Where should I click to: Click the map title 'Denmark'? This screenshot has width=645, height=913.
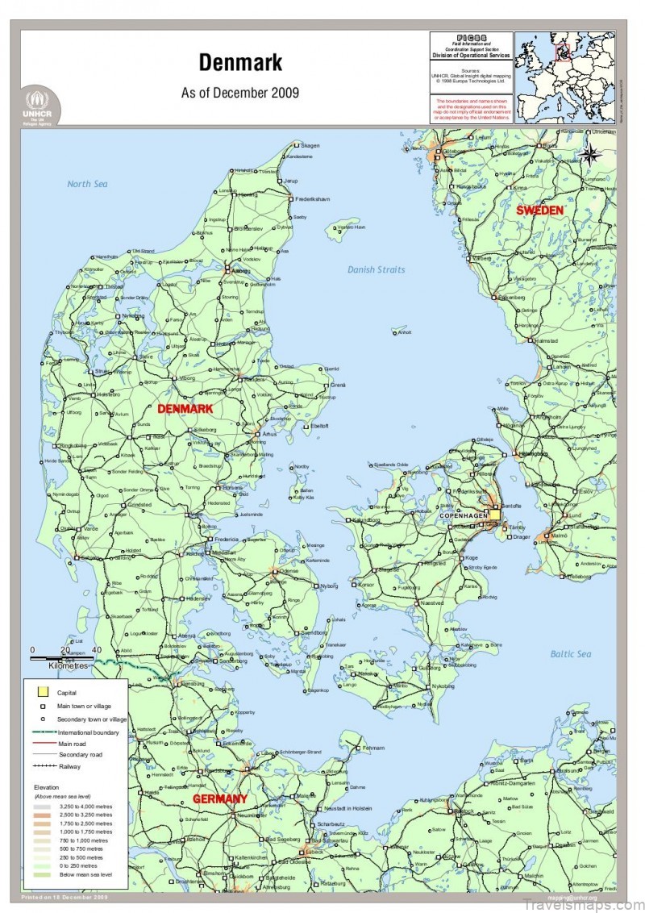tap(239, 62)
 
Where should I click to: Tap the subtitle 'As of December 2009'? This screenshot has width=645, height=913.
tap(239, 93)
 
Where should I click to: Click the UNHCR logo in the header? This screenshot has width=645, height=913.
tap(39, 106)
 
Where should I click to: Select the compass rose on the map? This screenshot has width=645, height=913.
tap(590, 152)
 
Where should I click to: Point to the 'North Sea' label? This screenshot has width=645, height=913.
tap(87, 184)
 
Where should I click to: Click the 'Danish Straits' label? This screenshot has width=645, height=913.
tap(377, 269)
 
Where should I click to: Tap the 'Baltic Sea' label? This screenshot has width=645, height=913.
tap(571, 653)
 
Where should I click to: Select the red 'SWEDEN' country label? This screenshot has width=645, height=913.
tap(539, 210)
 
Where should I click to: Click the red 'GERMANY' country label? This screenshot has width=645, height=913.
tap(219, 799)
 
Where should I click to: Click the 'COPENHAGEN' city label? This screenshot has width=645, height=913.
tap(464, 515)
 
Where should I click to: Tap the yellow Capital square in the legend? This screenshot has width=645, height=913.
tap(43, 692)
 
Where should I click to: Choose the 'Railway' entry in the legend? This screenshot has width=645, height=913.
tap(69, 766)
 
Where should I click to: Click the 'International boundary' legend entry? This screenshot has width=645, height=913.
tap(87, 732)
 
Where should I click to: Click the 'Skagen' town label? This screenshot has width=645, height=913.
tap(310, 146)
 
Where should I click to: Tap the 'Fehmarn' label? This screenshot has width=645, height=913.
tap(373, 748)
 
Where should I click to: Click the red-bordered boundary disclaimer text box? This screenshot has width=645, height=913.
tap(472, 109)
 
